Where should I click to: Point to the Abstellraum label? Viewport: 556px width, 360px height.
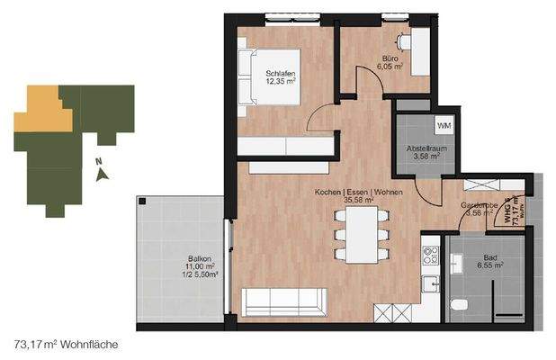click(422, 148)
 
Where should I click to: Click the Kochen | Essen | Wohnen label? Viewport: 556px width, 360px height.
click(358, 193)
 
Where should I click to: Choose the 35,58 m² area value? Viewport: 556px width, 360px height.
click(359, 202)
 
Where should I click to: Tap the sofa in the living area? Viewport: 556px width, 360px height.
click(279, 299)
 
